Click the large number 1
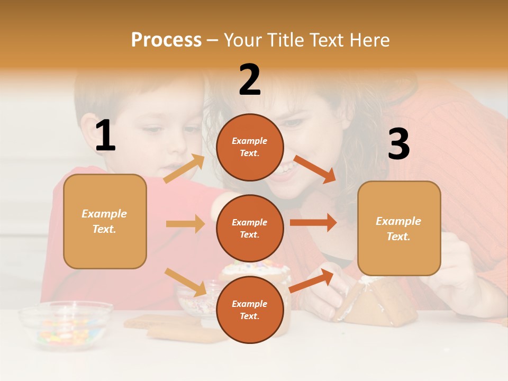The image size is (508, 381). [x=105, y=136]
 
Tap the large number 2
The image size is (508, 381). [x=250, y=80]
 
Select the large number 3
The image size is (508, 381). [x=398, y=144]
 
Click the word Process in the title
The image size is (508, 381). [x=166, y=40]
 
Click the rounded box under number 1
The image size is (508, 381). [x=105, y=221]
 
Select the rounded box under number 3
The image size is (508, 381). [x=399, y=228]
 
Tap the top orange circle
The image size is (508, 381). [x=250, y=147]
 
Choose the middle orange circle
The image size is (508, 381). [x=250, y=228]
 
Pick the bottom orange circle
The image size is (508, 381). [x=250, y=310]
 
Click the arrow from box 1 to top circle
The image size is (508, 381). [x=184, y=169]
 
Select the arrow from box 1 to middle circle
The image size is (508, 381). [x=185, y=224]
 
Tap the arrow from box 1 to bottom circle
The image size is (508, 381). [x=185, y=282]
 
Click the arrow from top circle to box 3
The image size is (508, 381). [x=314, y=169]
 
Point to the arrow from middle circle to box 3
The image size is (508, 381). [x=313, y=222]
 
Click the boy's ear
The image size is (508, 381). [x=88, y=132]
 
